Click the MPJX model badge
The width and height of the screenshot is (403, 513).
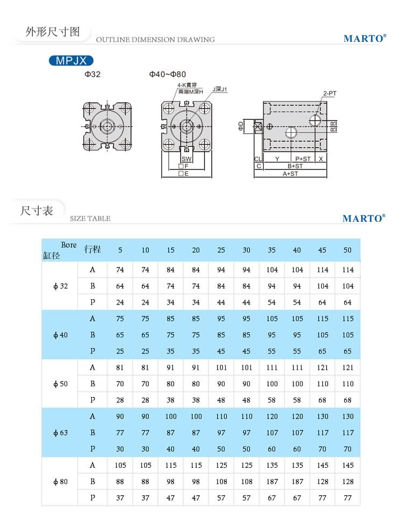click(71, 61)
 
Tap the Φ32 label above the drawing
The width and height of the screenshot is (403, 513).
click(92, 75)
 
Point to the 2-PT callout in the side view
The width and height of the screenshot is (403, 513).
click(329, 93)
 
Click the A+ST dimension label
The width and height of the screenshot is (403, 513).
click(291, 174)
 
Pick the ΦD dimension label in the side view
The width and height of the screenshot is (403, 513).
click(241, 127)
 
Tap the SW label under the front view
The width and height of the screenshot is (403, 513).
click(186, 160)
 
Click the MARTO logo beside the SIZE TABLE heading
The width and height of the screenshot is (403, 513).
click(364, 218)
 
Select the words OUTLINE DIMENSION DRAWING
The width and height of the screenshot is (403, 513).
click(155, 40)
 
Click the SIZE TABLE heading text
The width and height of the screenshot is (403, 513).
click(90, 219)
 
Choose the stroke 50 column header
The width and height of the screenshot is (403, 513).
click(347, 250)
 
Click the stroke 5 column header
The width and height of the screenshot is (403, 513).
click(120, 250)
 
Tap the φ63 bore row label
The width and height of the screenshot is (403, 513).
click(61, 432)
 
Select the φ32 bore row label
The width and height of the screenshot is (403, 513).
click(61, 286)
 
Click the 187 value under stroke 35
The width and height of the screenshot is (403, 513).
click(272, 482)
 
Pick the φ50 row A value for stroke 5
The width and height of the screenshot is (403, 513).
click(120, 368)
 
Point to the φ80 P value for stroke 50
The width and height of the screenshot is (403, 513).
click(347, 498)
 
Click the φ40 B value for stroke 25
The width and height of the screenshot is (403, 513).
click(221, 335)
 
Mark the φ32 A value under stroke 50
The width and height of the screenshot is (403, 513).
click(347, 270)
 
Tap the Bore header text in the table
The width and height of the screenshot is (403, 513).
click(69, 245)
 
